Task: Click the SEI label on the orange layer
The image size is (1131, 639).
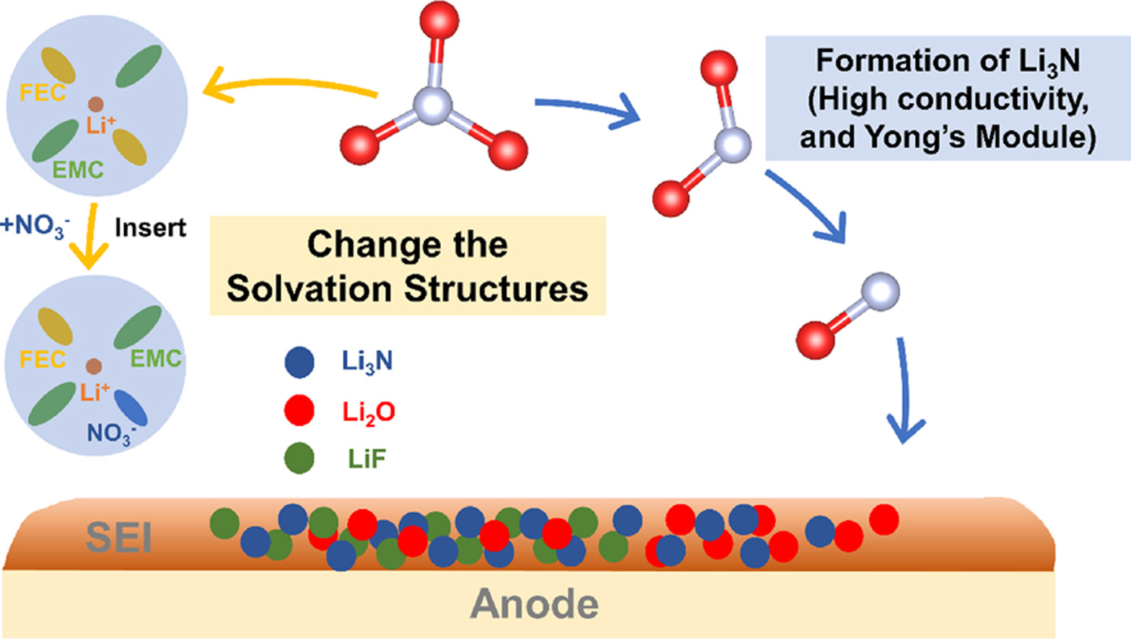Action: (x=119, y=537)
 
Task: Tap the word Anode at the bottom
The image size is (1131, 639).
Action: (x=534, y=604)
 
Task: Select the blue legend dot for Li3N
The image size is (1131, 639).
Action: (x=300, y=362)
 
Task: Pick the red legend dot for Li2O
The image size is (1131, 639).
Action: (x=300, y=410)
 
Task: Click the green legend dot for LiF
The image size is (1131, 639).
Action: (x=300, y=458)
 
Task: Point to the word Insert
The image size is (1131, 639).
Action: (x=150, y=228)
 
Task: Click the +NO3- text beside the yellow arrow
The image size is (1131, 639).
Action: (x=35, y=226)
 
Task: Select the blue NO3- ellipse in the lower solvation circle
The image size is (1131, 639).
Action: (x=131, y=408)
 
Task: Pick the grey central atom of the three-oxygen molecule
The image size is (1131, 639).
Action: (x=433, y=107)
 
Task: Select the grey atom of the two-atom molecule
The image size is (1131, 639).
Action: (x=880, y=291)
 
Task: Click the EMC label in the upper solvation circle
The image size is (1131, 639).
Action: (x=78, y=170)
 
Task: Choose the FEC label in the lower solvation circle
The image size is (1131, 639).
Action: (x=43, y=358)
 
